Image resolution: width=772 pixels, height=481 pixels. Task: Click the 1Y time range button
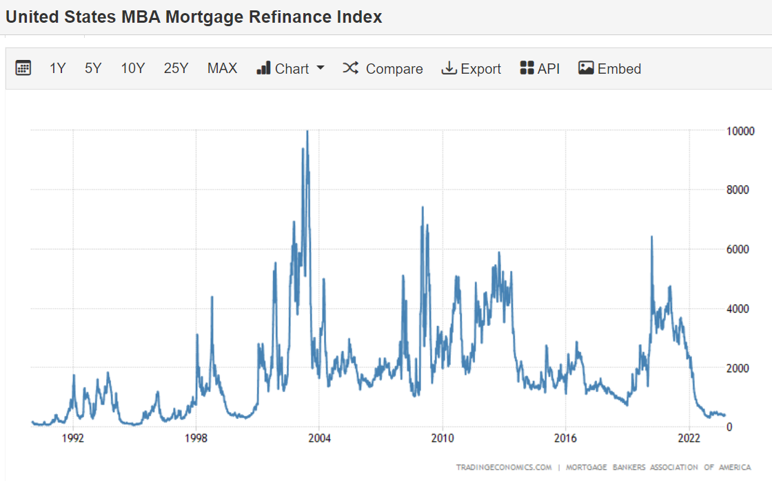click(x=58, y=68)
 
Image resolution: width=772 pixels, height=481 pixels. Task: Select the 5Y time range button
click(x=93, y=68)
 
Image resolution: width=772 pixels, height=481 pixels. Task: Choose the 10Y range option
click(x=133, y=68)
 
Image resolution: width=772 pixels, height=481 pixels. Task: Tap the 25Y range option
click(x=176, y=68)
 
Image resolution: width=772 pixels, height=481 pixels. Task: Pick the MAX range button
click(x=222, y=68)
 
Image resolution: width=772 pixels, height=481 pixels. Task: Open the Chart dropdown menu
click(x=290, y=68)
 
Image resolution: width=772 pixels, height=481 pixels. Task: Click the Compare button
click(x=383, y=68)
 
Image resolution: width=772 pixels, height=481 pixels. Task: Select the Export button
click(x=471, y=68)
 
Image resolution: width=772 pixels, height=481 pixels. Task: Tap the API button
click(x=540, y=68)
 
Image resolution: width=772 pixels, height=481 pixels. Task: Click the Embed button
click(x=610, y=68)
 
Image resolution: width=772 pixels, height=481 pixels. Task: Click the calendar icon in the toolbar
click(x=23, y=68)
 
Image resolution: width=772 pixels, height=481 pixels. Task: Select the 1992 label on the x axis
click(x=73, y=439)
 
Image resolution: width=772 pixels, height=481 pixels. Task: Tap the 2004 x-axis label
click(x=319, y=439)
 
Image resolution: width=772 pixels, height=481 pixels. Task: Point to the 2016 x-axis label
click(x=565, y=439)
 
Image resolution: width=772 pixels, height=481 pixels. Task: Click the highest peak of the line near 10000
click(x=307, y=131)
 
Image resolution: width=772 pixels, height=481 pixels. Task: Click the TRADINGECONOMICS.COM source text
click(x=504, y=467)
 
